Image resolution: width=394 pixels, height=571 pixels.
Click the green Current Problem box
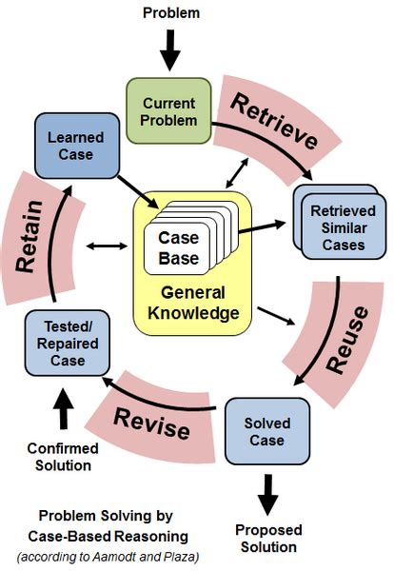pos(169,111)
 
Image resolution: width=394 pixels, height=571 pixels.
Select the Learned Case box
pos(75,146)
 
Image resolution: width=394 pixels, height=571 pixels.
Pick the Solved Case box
pos(266,432)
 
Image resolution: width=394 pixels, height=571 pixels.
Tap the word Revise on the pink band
pos(151,423)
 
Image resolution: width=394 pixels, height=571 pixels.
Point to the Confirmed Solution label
pos(59,457)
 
